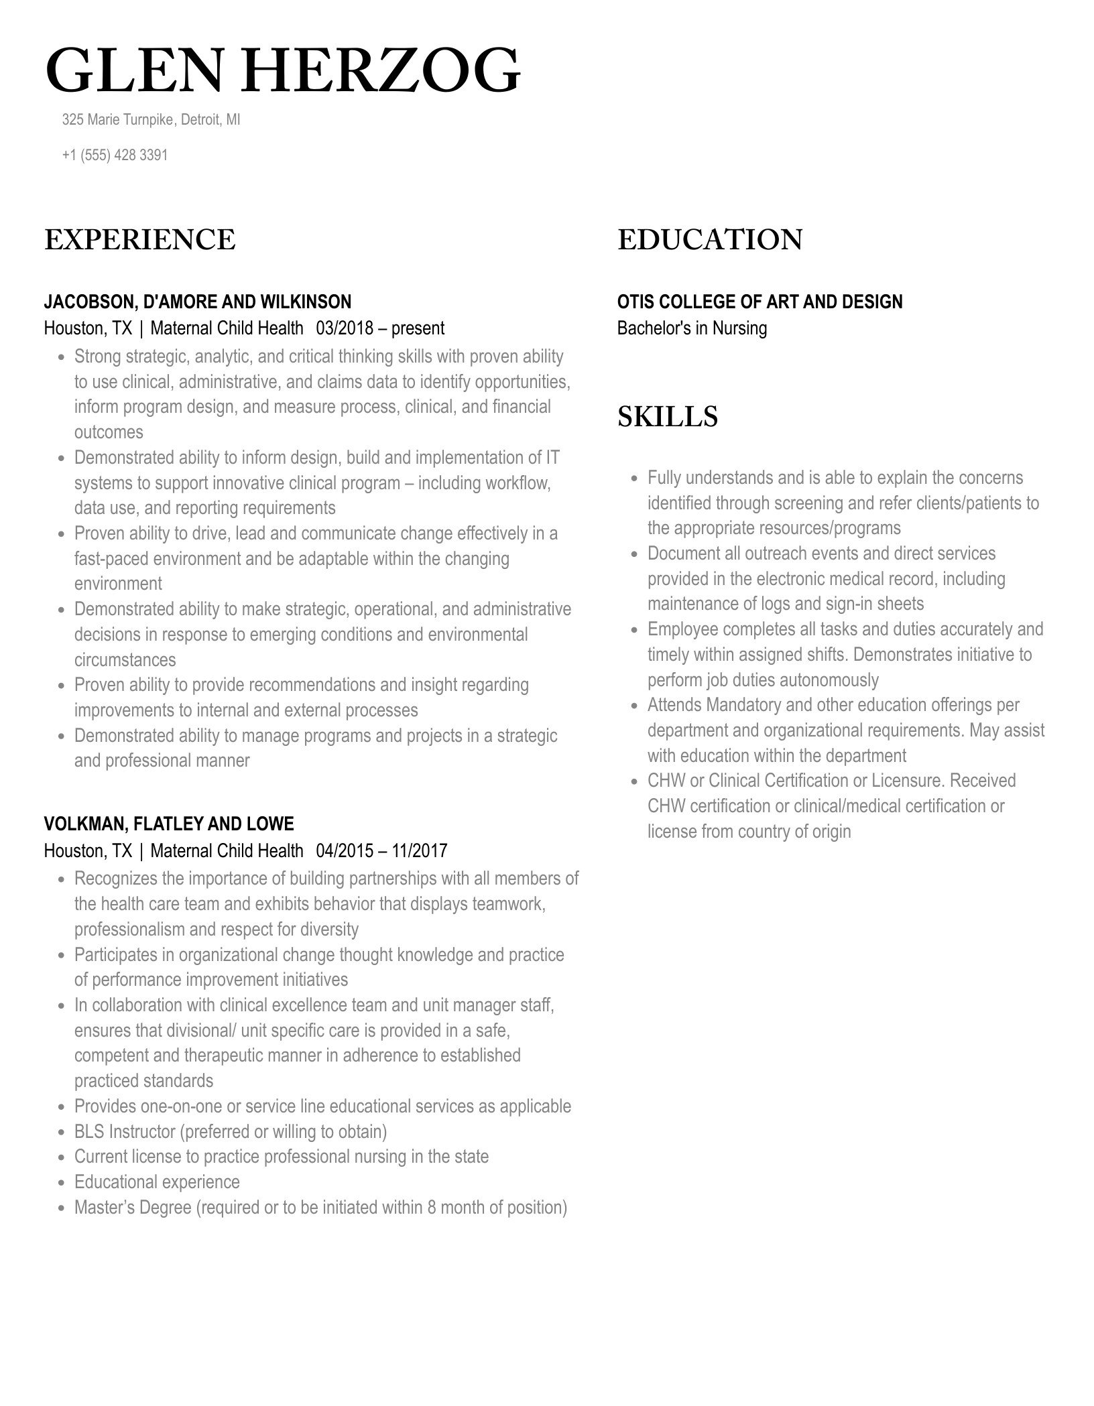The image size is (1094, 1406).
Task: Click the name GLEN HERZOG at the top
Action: (282, 71)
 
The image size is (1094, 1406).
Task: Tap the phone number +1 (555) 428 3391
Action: (115, 155)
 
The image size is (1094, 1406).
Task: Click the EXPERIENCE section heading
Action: (139, 240)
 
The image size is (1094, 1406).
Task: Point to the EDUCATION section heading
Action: (709, 240)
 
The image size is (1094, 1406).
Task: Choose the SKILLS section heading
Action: (667, 416)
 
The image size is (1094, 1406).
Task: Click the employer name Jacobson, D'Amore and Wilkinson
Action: (197, 302)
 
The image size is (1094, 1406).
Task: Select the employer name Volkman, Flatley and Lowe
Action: (169, 824)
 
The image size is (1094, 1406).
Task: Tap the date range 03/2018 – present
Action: (380, 328)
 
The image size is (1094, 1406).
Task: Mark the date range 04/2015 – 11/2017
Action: (381, 850)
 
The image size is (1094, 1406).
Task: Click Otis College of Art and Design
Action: (759, 302)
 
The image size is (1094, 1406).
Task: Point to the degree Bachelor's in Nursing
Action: (692, 328)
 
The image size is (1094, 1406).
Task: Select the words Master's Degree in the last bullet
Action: (133, 1207)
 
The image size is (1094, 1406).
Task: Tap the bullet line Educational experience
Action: (157, 1181)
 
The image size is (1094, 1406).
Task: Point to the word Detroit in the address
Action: (200, 119)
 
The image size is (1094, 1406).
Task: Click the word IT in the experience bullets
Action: (552, 457)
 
